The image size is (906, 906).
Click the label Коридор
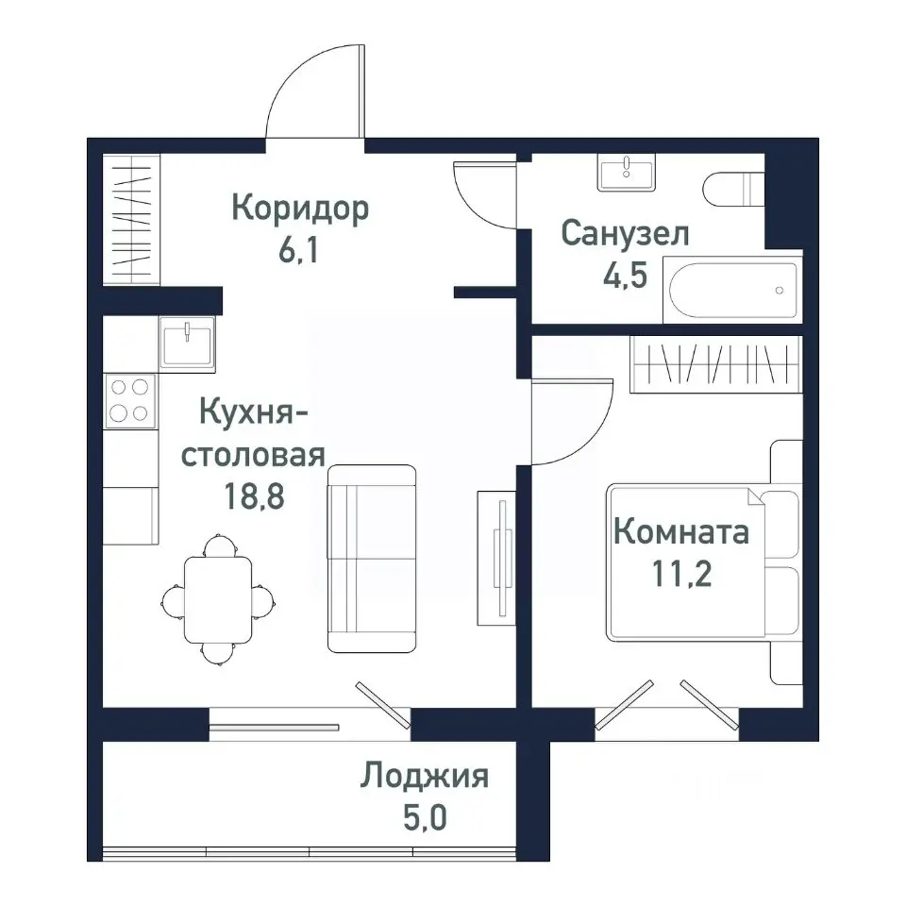[x=299, y=209]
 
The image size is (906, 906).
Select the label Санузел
[x=625, y=233]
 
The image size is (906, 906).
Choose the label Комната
[x=681, y=531]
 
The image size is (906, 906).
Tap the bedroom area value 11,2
[x=681, y=574]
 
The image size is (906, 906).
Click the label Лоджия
[x=424, y=777]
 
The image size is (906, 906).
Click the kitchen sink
[x=188, y=342]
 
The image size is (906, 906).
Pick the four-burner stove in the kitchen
[x=130, y=399]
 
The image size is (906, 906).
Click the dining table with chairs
[x=218, y=598]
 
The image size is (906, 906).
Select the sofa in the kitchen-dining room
[x=371, y=558]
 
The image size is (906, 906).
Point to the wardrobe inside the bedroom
[x=714, y=363]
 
